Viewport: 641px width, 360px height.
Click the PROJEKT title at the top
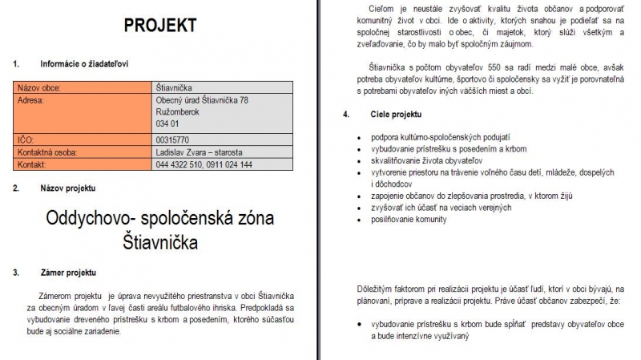[x=159, y=26]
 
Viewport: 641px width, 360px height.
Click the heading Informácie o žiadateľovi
[x=84, y=63]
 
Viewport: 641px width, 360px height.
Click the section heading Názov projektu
[x=68, y=188]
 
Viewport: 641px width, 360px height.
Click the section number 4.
[x=345, y=115]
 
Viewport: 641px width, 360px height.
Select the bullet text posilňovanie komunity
[x=409, y=219]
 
